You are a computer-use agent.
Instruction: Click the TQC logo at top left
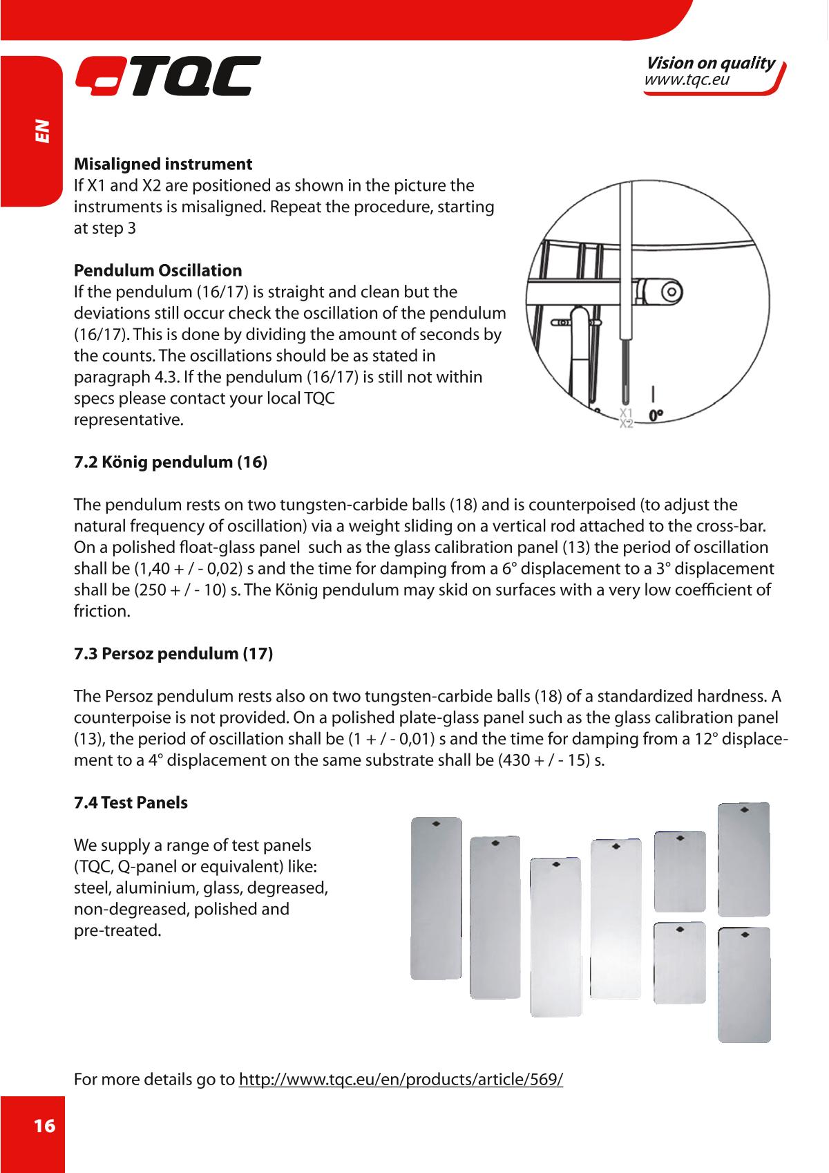(168, 76)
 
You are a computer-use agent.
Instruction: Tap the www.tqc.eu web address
(687, 81)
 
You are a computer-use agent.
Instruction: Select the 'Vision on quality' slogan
(709, 64)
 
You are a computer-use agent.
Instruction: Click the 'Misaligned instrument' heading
(163, 165)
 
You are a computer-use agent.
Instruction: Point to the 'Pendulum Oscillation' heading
(158, 270)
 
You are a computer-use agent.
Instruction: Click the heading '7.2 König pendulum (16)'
(171, 462)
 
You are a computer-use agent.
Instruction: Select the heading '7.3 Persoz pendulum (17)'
(173, 654)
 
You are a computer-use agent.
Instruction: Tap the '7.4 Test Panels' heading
(131, 803)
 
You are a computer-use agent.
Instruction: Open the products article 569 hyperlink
(401, 1079)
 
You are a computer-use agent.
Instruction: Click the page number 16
(44, 1126)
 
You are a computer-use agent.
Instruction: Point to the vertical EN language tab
(42, 131)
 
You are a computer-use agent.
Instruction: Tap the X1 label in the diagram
(626, 413)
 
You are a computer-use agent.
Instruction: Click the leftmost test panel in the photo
(436, 898)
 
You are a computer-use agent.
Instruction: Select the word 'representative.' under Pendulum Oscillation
(129, 419)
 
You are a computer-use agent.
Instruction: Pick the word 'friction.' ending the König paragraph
(101, 612)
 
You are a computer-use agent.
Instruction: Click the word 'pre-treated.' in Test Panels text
(117, 930)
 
